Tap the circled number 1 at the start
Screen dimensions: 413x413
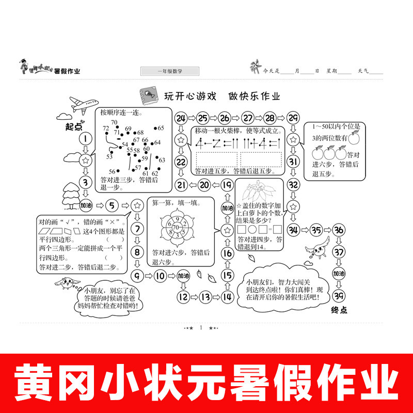[x=85, y=138]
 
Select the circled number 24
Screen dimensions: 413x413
[x=181, y=118]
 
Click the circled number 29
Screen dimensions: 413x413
[x=293, y=118]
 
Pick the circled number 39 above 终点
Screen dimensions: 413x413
[x=338, y=295]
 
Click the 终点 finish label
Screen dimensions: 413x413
[x=339, y=310]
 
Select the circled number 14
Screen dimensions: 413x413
[x=227, y=296]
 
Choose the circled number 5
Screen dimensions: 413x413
[x=113, y=205]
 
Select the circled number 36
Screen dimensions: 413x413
[x=339, y=230]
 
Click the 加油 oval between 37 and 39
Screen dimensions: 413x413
[x=339, y=274]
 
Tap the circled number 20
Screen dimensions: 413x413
[x=204, y=185]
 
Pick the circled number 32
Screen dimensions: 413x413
[x=293, y=184]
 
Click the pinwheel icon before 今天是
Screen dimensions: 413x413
[x=255, y=67]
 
